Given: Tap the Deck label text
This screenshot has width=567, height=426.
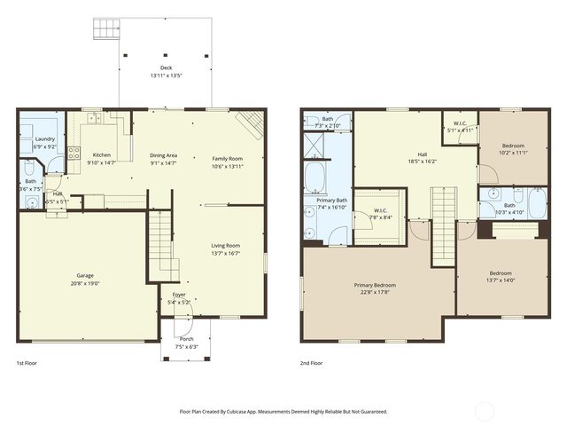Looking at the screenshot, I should pyautogui.click(x=166, y=67).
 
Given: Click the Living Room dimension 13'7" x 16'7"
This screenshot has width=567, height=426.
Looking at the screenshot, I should pyautogui.click(x=225, y=253).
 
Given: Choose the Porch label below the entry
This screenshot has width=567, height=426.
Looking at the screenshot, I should pyautogui.click(x=186, y=339).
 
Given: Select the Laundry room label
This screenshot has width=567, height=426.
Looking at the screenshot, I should pyautogui.click(x=44, y=139).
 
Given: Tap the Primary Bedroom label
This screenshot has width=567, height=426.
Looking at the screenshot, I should pyautogui.click(x=375, y=285).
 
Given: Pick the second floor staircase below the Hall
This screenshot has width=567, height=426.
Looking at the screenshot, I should pyautogui.click(x=443, y=222).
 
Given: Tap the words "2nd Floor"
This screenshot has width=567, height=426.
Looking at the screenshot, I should pyautogui.click(x=310, y=363).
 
